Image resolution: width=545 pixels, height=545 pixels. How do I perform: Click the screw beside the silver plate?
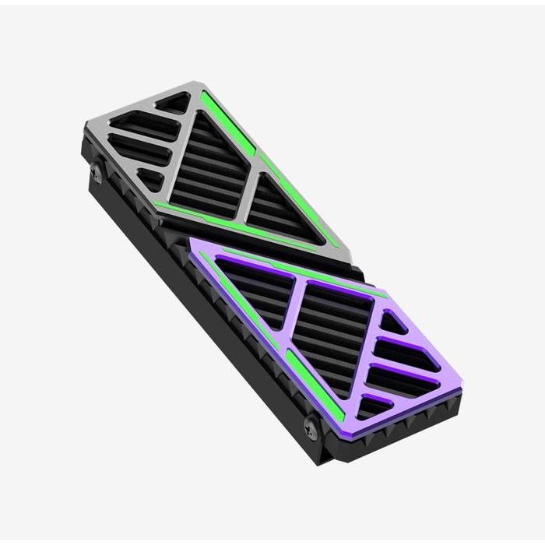[x=96, y=174]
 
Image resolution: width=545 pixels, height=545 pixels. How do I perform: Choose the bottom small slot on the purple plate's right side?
[x=374, y=405]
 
